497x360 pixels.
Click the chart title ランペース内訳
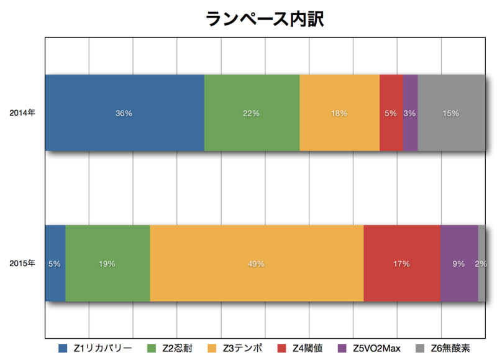[x=265, y=19]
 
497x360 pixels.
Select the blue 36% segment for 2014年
[x=125, y=113]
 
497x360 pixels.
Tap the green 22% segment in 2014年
[x=252, y=113]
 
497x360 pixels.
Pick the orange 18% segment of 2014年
[x=340, y=113]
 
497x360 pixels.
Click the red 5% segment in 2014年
[x=391, y=113]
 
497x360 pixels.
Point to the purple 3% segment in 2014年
[x=410, y=113]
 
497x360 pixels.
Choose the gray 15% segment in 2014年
[x=452, y=113]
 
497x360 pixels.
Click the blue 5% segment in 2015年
[x=55, y=263]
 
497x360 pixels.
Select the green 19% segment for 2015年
[x=107, y=263]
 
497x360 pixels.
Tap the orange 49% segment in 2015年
[x=257, y=263]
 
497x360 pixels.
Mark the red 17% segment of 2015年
[x=402, y=263]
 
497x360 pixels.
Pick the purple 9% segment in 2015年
[x=459, y=263]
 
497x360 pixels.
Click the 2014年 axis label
[x=22, y=113]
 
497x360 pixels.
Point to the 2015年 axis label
[x=22, y=263]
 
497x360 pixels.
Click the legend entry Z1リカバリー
[x=95, y=348]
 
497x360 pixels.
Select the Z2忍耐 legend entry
[x=170, y=348]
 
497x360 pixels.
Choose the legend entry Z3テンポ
[x=235, y=348]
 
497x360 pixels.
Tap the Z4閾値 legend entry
[x=300, y=348]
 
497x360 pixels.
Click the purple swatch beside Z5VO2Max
[x=342, y=348]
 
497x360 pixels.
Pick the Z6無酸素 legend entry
[x=443, y=348]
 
